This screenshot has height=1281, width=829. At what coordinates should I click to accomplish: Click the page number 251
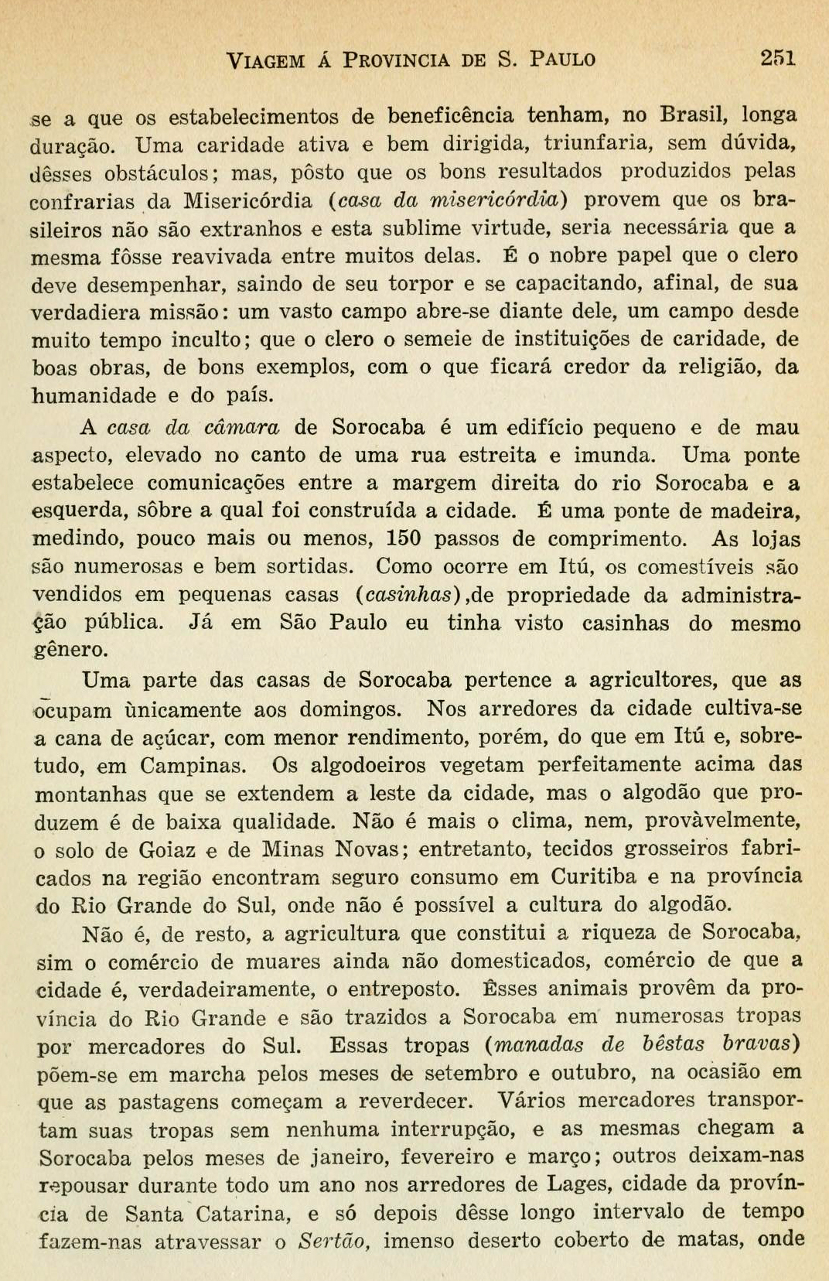[x=778, y=58]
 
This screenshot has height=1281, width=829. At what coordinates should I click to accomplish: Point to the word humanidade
[x=94, y=395]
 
